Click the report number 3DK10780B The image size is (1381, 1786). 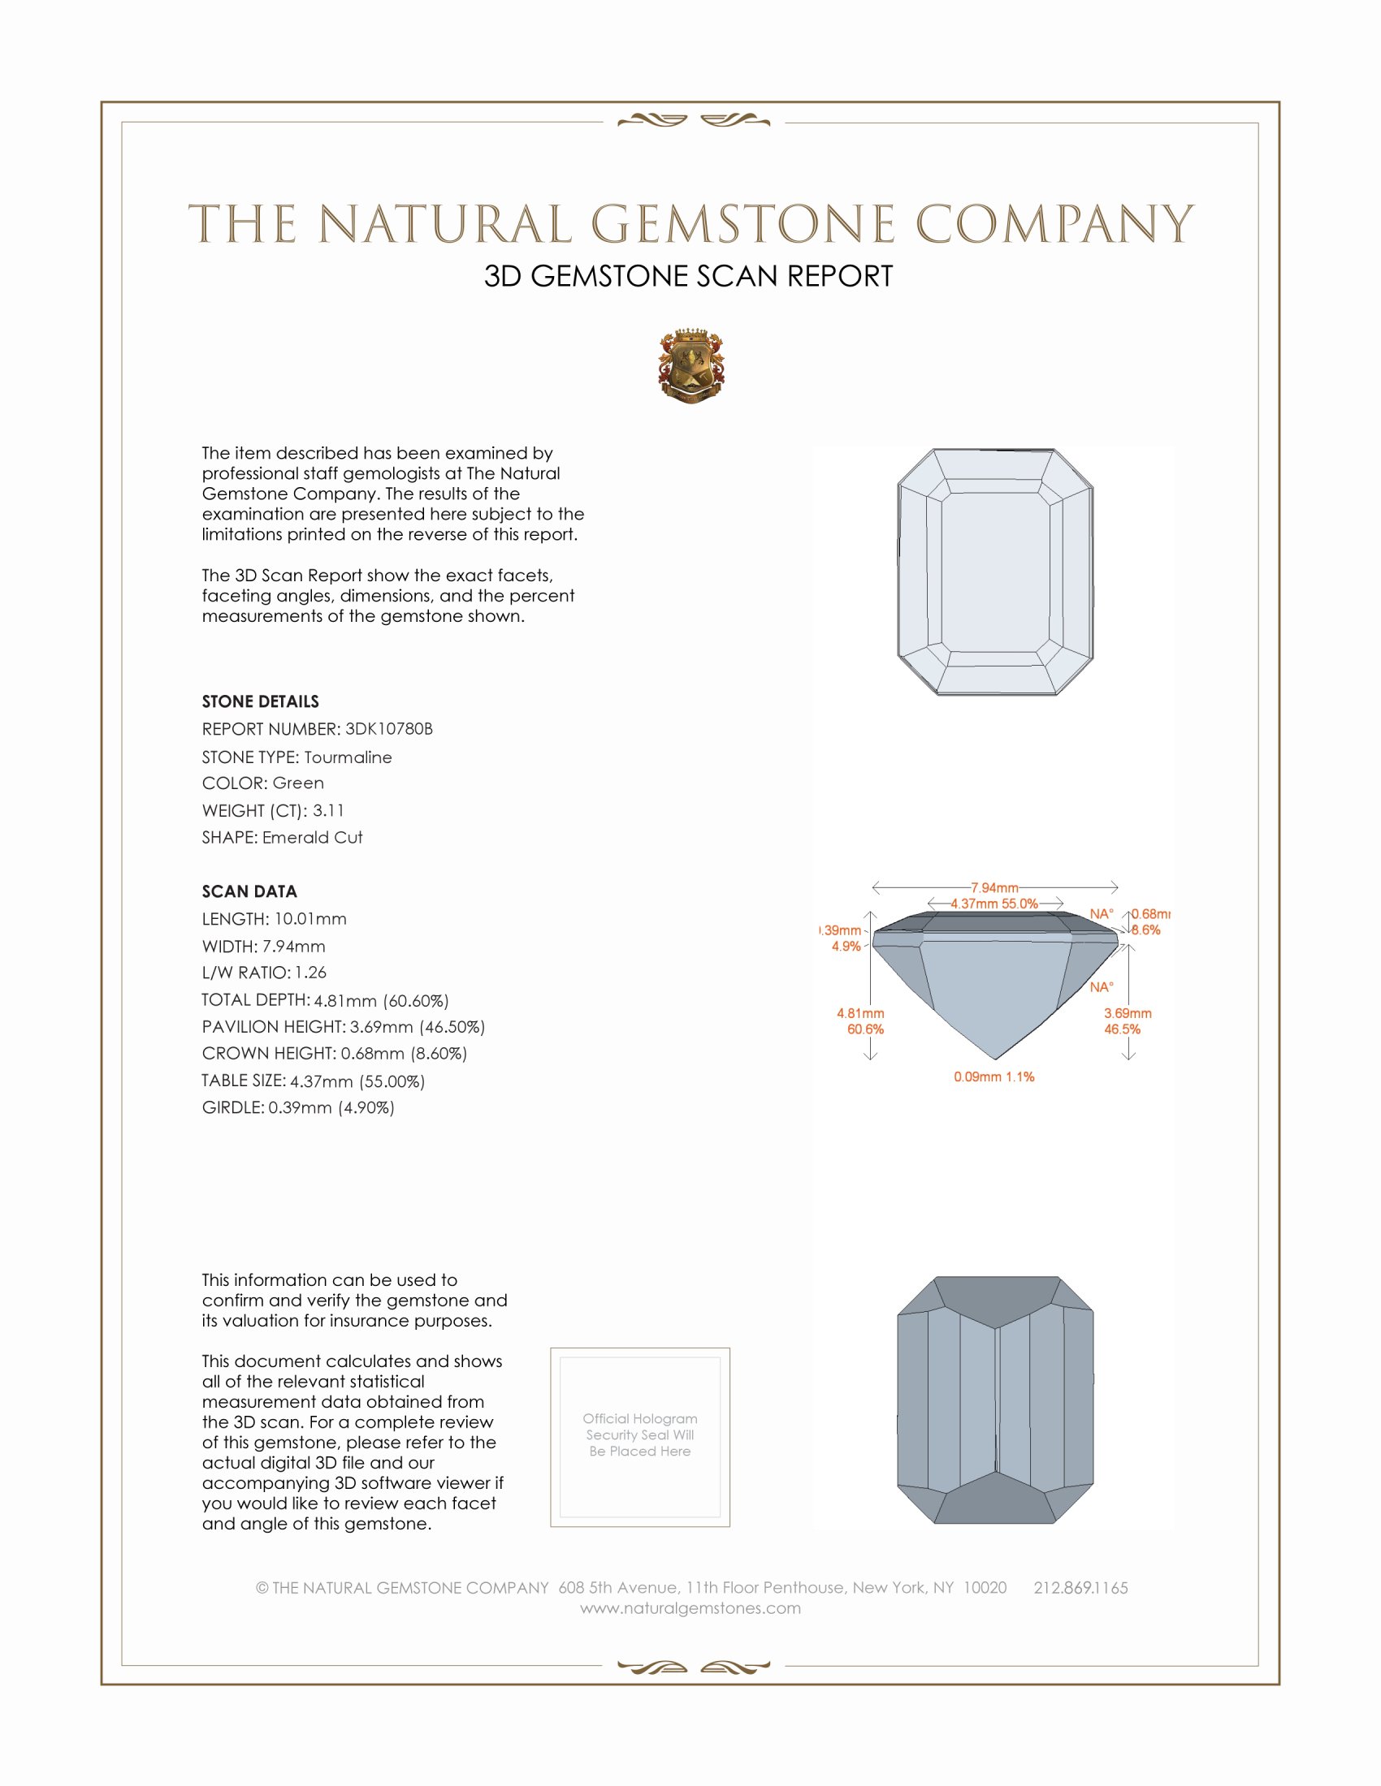pyautogui.click(x=388, y=729)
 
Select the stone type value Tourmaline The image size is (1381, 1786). pyautogui.click(x=348, y=757)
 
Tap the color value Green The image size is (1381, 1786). pyautogui.click(x=298, y=783)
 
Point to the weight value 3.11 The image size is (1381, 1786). pyautogui.click(x=328, y=810)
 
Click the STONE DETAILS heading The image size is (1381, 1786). pyautogui.click(x=260, y=701)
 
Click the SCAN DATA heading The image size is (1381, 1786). pyautogui.click(x=249, y=891)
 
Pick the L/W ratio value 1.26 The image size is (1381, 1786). pyautogui.click(x=310, y=973)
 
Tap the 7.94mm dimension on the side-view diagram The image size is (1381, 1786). pyautogui.click(x=994, y=888)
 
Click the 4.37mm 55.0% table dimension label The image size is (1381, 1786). pyautogui.click(x=994, y=904)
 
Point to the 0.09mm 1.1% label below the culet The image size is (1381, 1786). pyautogui.click(x=994, y=1077)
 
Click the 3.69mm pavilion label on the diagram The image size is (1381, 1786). pyautogui.click(x=1128, y=1013)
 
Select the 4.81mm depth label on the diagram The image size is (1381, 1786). pyautogui.click(x=859, y=1014)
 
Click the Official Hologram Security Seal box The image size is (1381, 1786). pyautogui.click(x=640, y=1437)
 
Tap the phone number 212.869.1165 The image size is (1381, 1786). pyautogui.click(x=1080, y=1588)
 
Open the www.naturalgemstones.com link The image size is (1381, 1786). pyautogui.click(x=690, y=1608)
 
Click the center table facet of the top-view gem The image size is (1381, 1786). pyautogui.click(x=995, y=572)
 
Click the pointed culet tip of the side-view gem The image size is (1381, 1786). pyautogui.click(x=995, y=1059)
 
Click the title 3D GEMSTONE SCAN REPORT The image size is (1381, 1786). pyautogui.click(x=688, y=276)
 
